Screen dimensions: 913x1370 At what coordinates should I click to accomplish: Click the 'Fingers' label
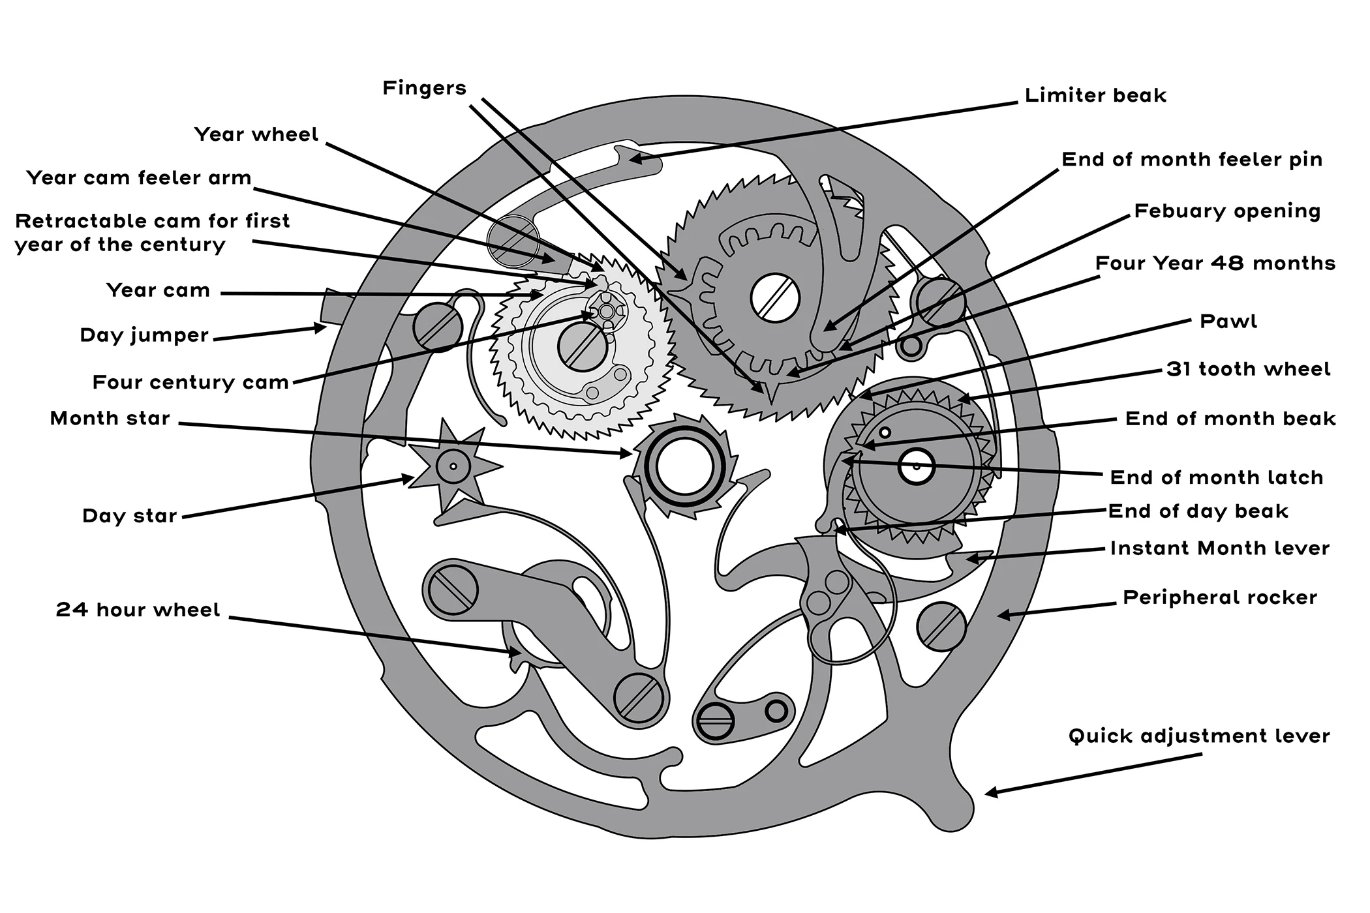click(424, 88)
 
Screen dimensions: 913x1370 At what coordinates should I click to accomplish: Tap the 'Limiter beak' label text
click(1095, 96)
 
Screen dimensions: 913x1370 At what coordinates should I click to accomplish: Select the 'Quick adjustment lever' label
click(1199, 736)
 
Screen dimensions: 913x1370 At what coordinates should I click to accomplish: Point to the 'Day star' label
click(130, 516)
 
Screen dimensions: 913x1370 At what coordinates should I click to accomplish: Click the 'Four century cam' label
click(190, 382)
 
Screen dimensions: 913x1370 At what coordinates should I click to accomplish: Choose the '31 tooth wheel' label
click(1248, 369)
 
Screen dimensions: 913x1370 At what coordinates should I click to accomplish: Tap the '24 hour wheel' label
click(138, 610)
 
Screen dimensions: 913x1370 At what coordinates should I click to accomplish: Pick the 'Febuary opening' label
click(1227, 211)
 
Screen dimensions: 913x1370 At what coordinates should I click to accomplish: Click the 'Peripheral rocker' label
click(1220, 597)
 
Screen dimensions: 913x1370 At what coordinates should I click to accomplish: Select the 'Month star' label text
click(110, 418)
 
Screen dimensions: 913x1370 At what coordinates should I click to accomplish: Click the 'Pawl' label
click(1228, 322)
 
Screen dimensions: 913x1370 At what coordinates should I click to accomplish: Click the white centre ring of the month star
click(684, 467)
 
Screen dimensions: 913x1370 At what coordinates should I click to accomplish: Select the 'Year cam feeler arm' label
click(139, 178)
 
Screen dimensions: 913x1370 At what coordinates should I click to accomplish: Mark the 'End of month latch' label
click(1217, 477)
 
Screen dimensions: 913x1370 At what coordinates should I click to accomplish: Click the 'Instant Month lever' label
click(1219, 548)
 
